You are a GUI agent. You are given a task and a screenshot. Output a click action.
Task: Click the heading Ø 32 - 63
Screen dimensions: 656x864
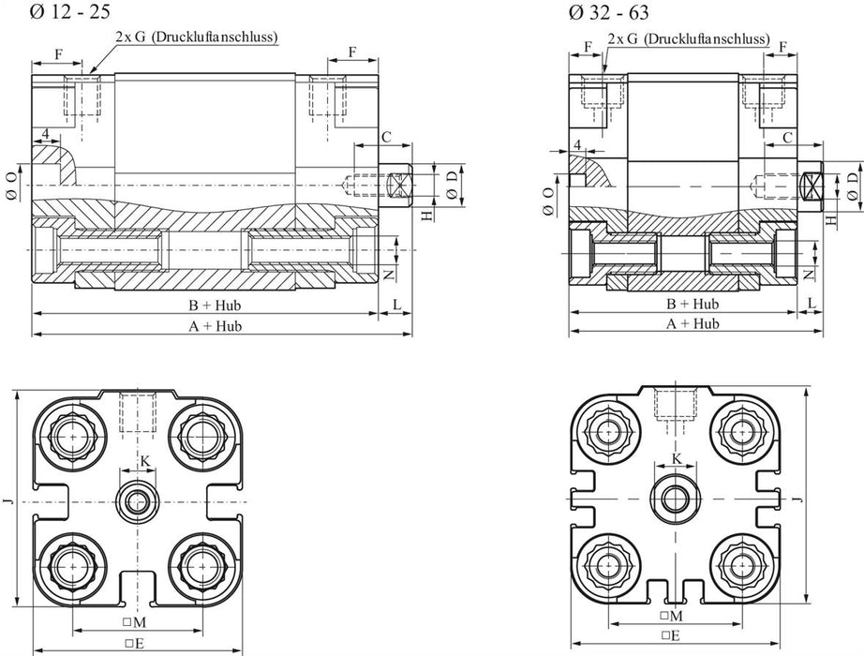click(x=606, y=12)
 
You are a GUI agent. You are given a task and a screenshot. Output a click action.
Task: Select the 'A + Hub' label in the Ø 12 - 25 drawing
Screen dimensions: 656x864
click(x=216, y=325)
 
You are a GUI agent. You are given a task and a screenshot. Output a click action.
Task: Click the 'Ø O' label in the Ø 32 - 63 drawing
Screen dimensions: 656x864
click(x=548, y=201)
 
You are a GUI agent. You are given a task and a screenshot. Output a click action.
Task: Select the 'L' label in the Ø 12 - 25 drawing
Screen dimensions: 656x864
click(x=396, y=306)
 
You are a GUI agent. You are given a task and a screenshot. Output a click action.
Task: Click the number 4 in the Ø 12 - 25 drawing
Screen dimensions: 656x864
click(x=45, y=133)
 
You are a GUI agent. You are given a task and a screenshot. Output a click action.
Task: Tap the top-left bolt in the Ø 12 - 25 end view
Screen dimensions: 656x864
click(x=74, y=434)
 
